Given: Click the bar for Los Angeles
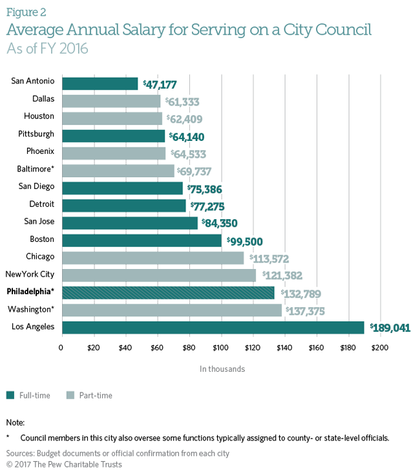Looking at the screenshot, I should click(213, 327).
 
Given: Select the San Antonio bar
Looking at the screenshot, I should click(100, 83).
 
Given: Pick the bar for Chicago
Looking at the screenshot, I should click(152, 257).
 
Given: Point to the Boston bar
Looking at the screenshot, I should click(142, 240).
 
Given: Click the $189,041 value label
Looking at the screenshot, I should click(390, 328).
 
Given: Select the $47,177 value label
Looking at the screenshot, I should click(158, 84).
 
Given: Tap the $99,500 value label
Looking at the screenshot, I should click(244, 241).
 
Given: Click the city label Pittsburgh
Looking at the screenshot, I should click(37, 135).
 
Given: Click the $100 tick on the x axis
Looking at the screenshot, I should click(221, 349).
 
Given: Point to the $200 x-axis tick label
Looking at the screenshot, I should click(381, 349).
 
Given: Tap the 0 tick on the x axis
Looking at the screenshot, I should click(61, 349).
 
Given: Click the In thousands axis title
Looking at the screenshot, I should click(222, 369).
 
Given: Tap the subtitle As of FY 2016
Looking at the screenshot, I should click(47, 48).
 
